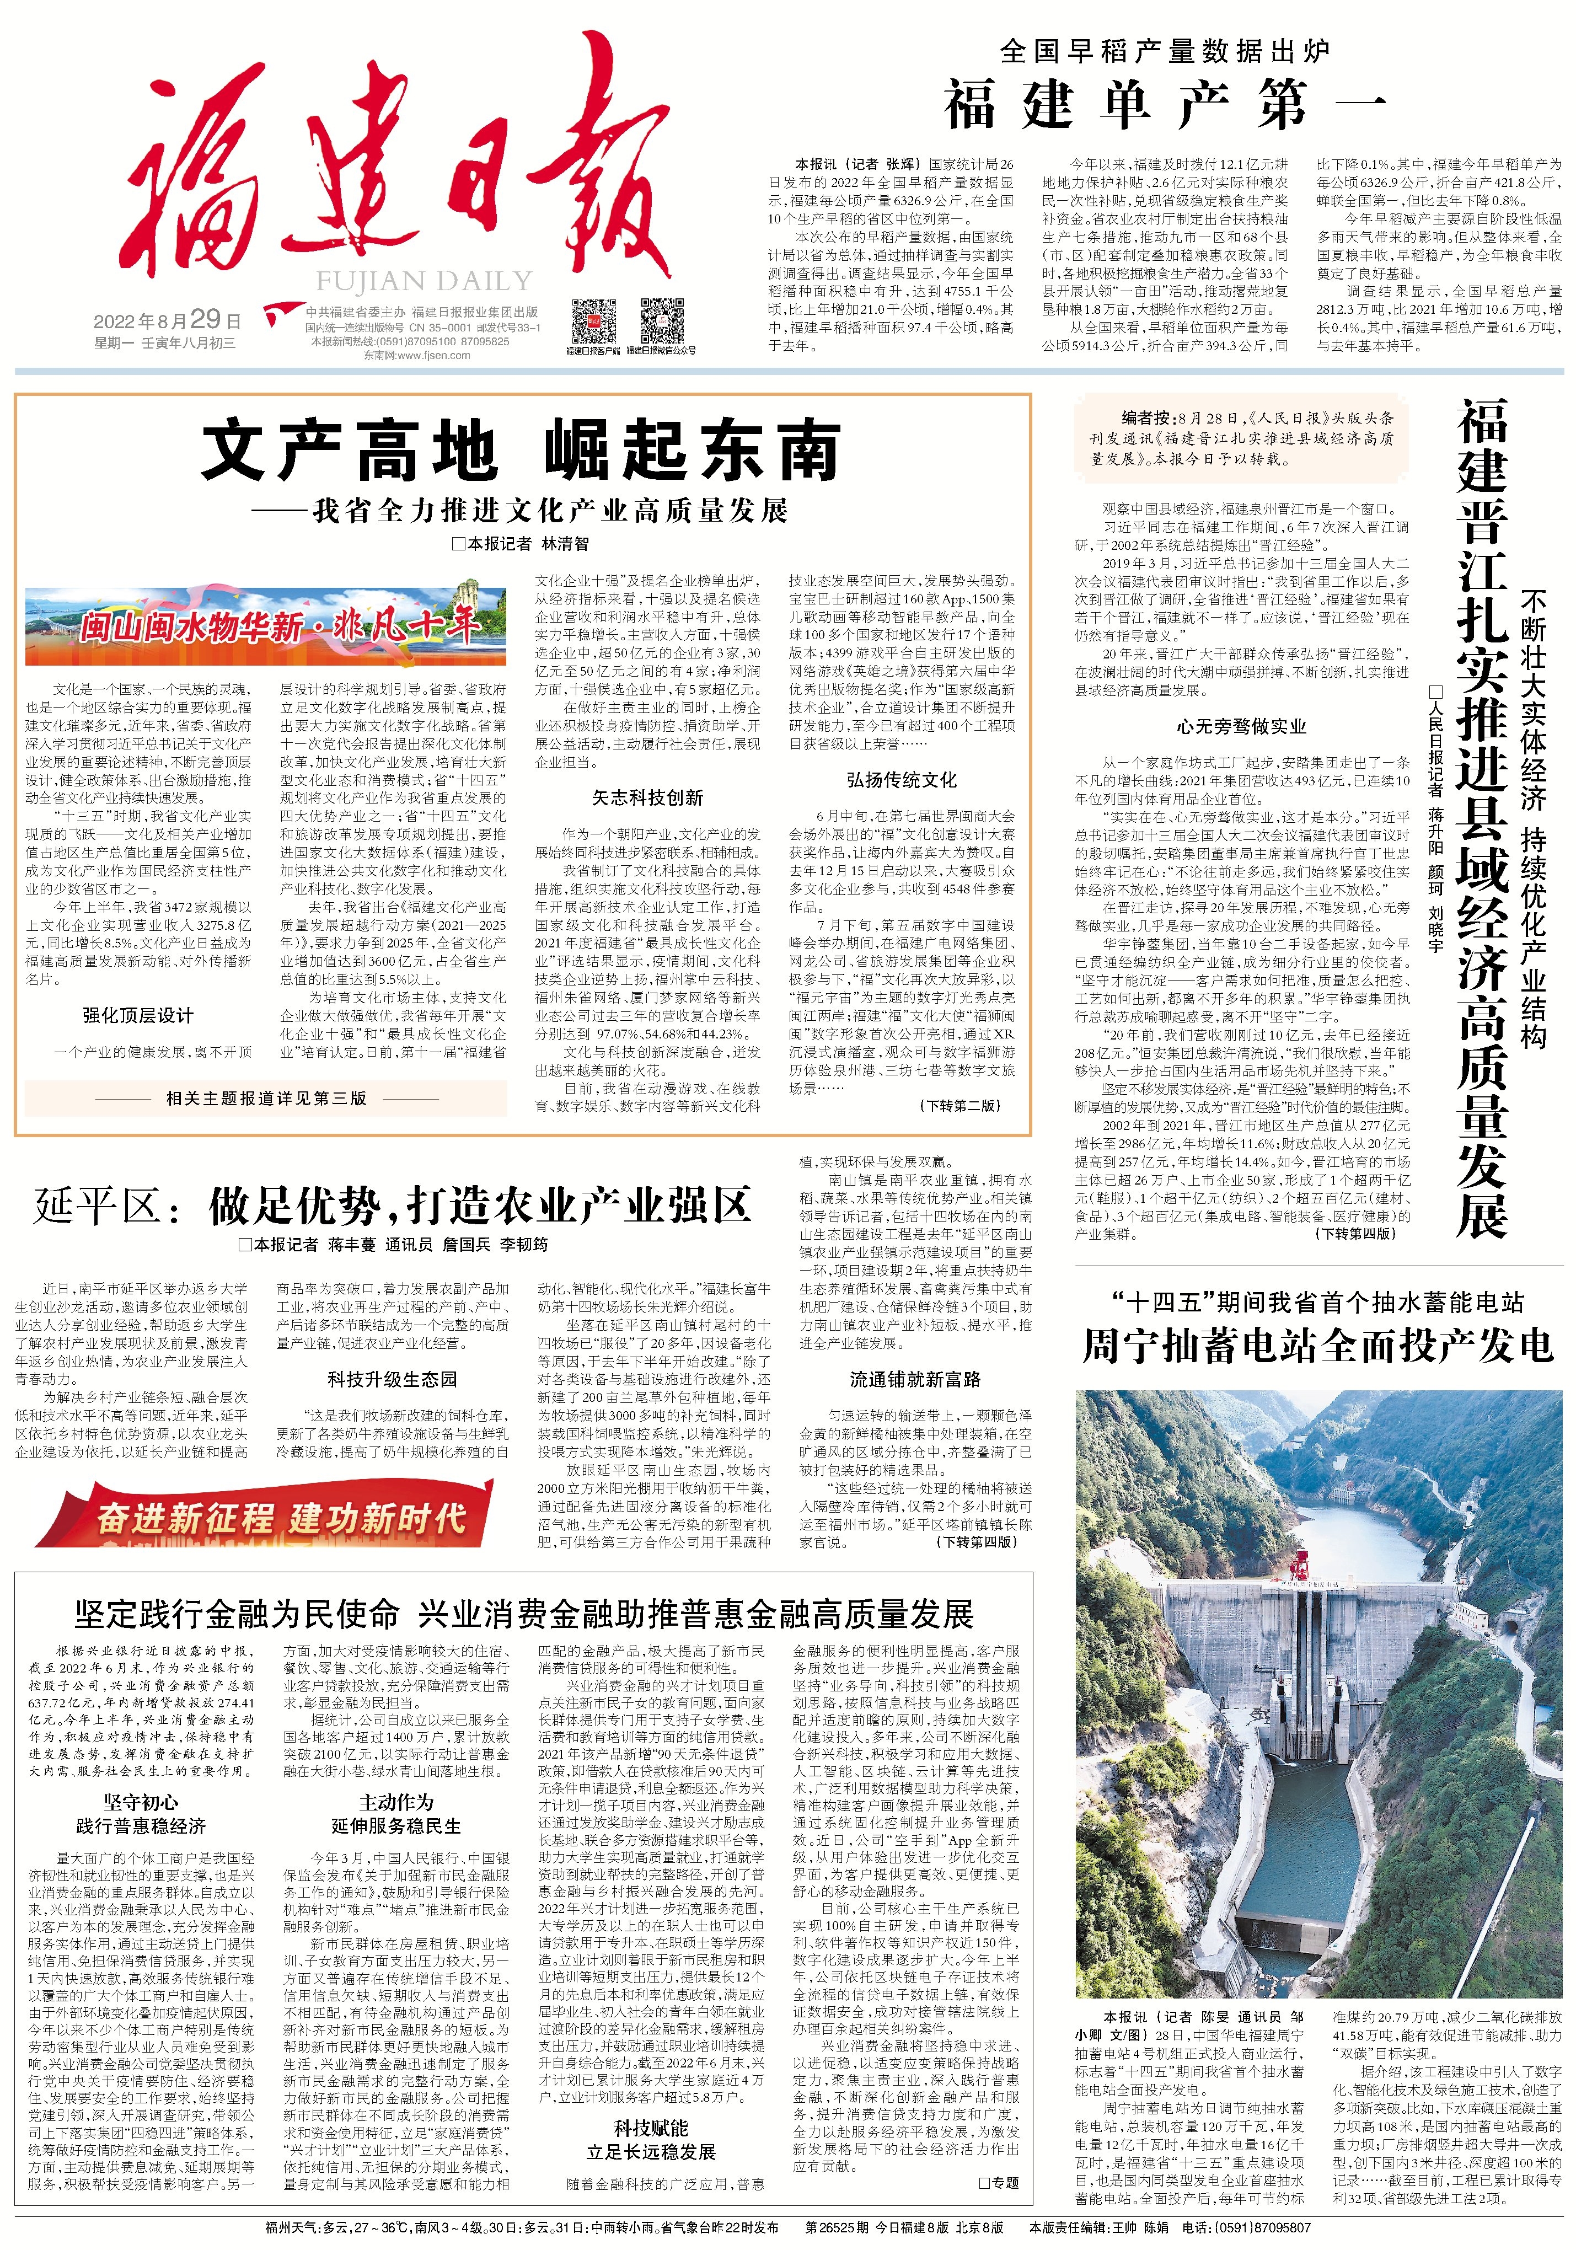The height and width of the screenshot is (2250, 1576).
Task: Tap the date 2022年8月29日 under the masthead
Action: (x=167, y=320)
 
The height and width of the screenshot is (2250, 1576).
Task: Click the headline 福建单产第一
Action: (x=1165, y=105)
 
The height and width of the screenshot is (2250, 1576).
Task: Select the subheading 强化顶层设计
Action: (x=138, y=1015)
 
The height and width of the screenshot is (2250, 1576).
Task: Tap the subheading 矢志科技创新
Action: (x=647, y=797)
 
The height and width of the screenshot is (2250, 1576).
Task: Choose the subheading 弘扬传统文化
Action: (x=902, y=780)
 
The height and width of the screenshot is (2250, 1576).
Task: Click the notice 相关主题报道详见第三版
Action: (x=266, y=1099)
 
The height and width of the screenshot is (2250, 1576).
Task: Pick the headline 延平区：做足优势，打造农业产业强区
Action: (x=392, y=1206)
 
